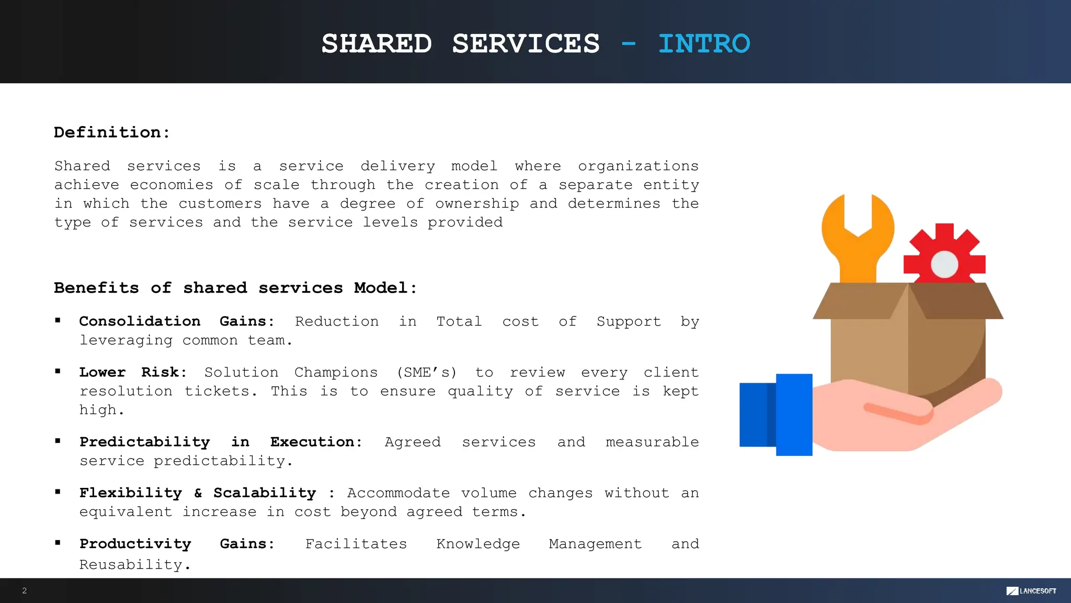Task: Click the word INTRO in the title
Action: (704, 43)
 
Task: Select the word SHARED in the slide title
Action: (377, 43)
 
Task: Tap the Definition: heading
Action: (112, 132)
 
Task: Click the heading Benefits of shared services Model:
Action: (235, 288)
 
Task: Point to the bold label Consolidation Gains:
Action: (177, 321)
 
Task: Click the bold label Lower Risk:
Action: (133, 372)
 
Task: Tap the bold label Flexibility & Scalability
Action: (198, 493)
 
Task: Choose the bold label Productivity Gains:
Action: (177, 544)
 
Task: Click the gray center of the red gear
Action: (944, 264)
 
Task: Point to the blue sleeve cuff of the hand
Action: (794, 415)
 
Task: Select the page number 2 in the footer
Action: (25, 590)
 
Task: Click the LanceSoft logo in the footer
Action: (1031, 591)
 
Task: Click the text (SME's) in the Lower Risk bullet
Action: (427, 372)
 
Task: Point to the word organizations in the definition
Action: (638, 166)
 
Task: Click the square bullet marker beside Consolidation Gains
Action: (58, 320)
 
